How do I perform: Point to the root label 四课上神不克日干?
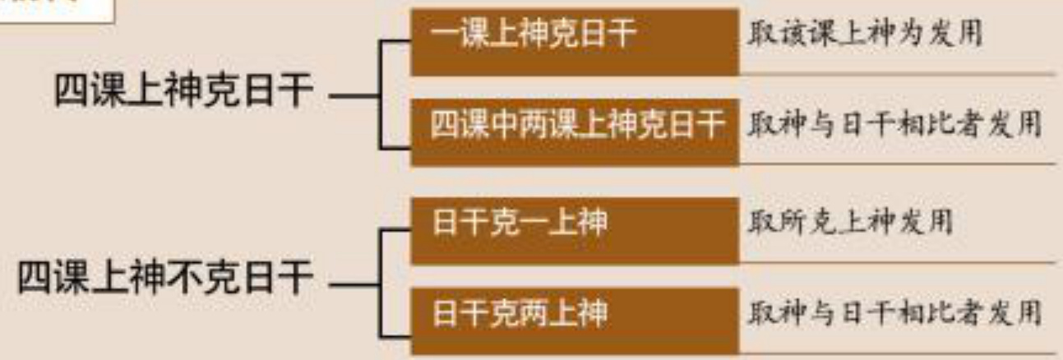click(x=165, y=279)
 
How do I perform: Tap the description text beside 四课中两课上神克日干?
click(x=894, y=127)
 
